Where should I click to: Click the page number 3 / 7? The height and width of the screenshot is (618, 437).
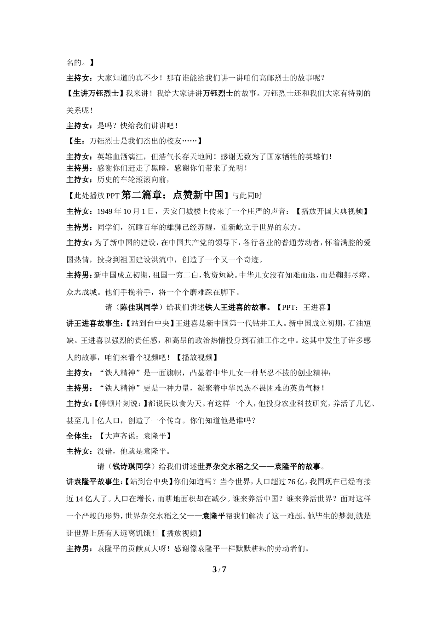tap(219, 569)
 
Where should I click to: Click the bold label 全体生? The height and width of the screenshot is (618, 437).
tap(79, 435)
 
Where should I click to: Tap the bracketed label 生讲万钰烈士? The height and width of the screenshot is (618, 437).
tap(95, 93)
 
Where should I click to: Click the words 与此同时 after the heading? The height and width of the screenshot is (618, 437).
tap(247, 196)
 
